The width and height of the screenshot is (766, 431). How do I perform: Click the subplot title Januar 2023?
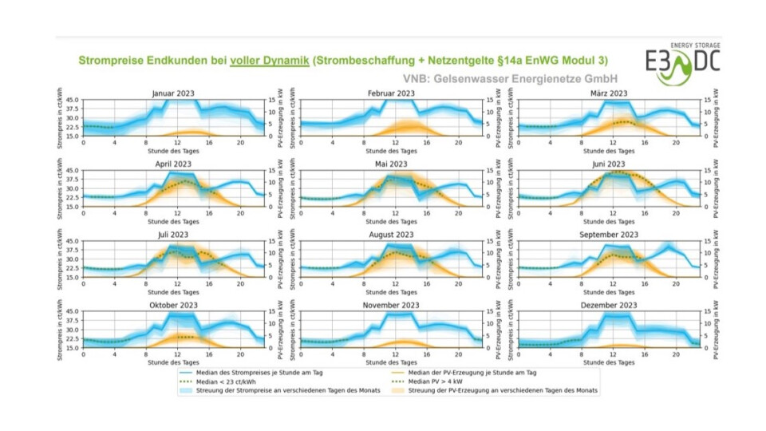172,93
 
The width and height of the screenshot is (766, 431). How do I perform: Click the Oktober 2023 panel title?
172,305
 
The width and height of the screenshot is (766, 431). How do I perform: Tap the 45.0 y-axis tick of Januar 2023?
72,101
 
